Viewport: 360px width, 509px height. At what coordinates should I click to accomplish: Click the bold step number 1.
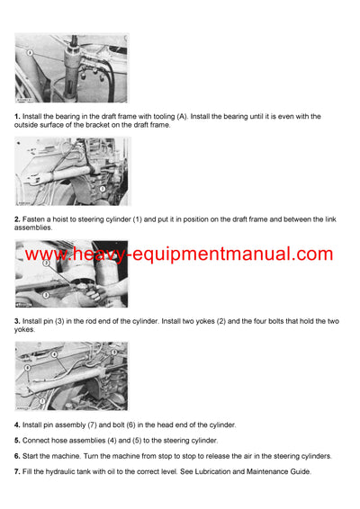(x=17, y=117)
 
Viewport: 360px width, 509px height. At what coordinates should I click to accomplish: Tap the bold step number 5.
(x=17, y=441)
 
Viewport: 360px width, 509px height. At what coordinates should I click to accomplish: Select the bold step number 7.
(x=17, y=472)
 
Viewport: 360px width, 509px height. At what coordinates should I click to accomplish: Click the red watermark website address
(x=179, y=254)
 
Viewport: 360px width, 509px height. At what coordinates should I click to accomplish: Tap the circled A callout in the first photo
(x=31, y=54)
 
